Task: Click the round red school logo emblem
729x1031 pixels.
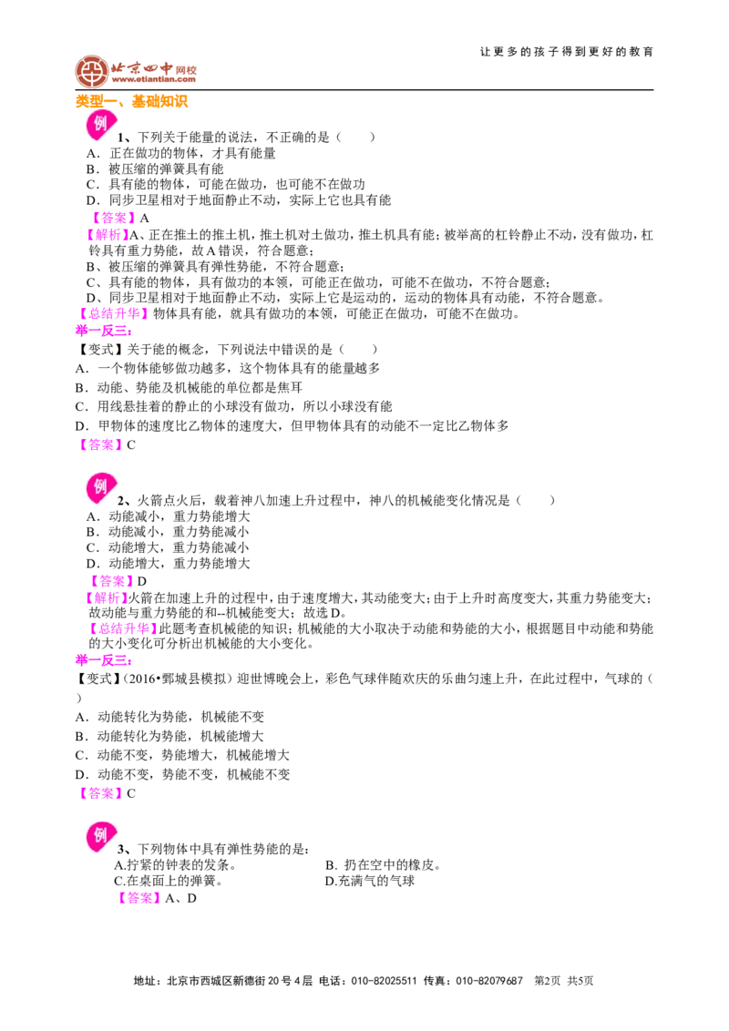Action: pos(91,72)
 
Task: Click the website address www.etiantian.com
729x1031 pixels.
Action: pos(153,79)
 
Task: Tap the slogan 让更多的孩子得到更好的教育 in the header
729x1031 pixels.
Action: pos(567,51)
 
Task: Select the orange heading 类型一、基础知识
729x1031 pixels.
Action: pos(131,101)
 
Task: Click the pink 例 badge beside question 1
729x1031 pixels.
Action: pos(100,124)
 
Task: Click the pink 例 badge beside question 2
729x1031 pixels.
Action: pos(100,487)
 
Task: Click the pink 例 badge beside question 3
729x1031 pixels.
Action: pos(100,836)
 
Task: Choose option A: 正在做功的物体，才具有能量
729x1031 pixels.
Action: pos(181,153)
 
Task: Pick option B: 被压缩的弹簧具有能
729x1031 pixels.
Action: pos(155,169)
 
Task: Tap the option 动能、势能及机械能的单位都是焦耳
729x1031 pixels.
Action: pos(189,387)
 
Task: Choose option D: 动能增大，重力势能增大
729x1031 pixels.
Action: pos(168,564)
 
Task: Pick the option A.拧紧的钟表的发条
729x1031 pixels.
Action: pos(175,865)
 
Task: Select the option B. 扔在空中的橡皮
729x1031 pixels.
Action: pos(383,865)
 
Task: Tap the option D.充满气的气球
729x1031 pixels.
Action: pos(370,881)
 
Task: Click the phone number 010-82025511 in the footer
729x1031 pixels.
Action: pos(385,981)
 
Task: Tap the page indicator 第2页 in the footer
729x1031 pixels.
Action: pos(548,981)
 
